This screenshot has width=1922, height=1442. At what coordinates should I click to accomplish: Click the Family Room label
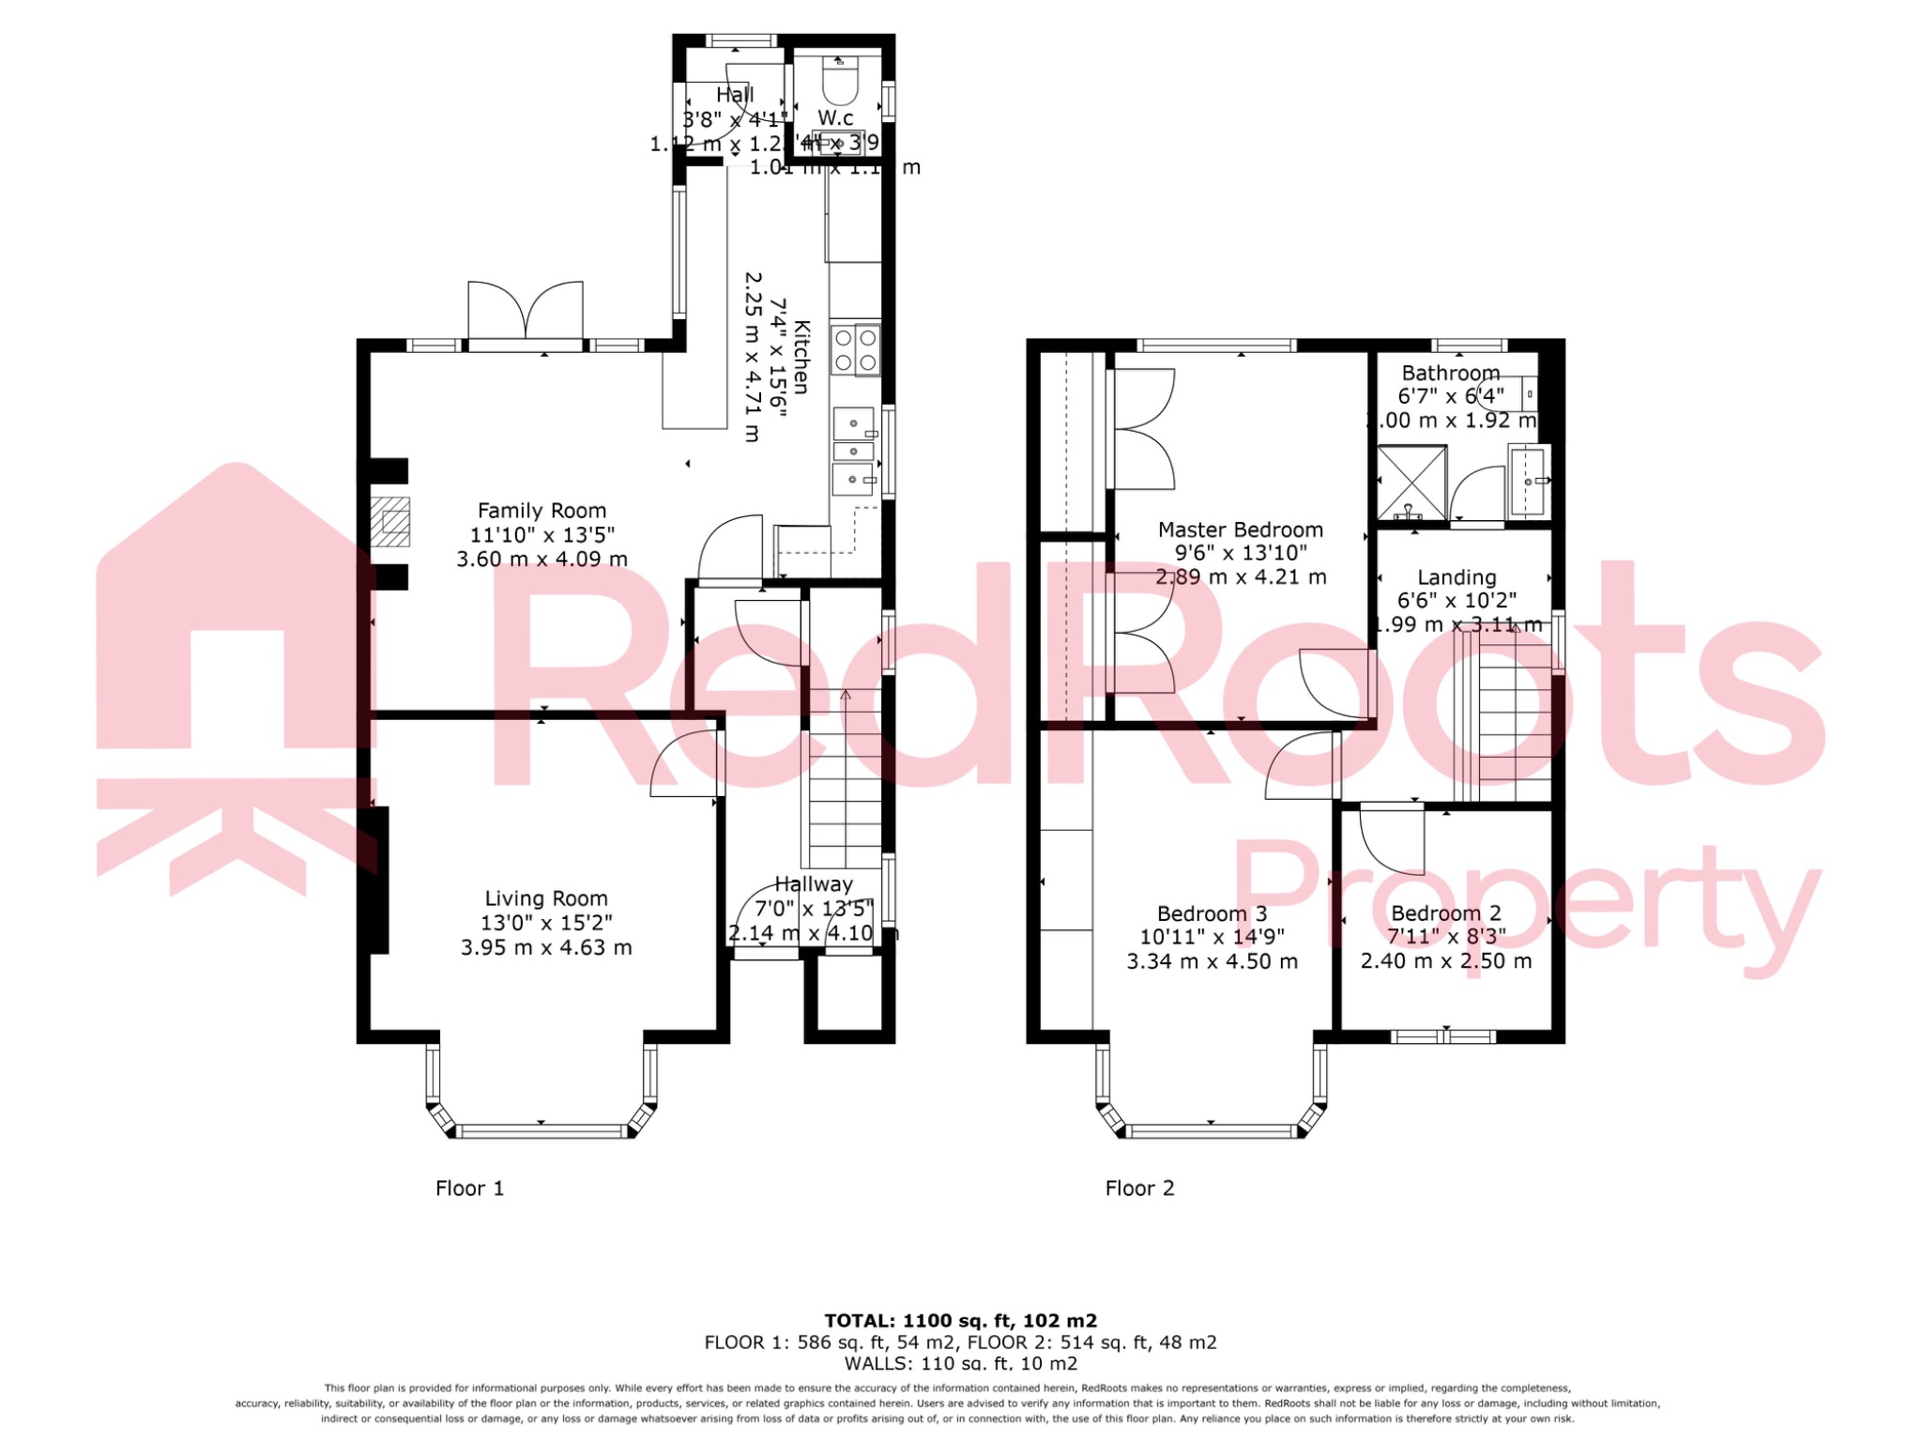542,511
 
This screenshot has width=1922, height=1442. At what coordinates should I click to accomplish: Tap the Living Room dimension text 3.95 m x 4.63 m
546,948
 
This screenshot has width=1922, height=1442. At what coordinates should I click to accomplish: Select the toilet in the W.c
839,82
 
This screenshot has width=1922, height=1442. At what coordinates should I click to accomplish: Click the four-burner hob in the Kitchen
855,350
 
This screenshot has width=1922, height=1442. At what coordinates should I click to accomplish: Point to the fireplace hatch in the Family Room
389,521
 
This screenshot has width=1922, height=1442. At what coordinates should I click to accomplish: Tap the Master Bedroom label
1240,529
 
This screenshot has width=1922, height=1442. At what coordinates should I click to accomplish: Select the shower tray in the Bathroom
1411,483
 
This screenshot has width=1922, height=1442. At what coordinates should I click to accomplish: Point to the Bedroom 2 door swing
1391,838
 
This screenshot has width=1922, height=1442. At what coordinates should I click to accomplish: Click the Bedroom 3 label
1212,913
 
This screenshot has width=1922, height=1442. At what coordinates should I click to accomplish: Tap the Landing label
1457,577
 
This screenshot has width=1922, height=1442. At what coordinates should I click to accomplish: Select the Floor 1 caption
469,1189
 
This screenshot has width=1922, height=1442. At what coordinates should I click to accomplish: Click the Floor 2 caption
1139,1189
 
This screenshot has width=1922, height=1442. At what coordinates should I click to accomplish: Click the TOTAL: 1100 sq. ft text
960,1321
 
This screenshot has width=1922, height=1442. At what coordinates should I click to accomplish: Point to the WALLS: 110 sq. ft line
960,1364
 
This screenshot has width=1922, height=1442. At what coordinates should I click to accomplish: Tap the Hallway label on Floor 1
814,884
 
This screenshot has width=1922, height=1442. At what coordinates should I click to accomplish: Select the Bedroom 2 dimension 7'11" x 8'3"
1446,937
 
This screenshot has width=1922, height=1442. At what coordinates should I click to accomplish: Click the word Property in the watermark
1525,906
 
